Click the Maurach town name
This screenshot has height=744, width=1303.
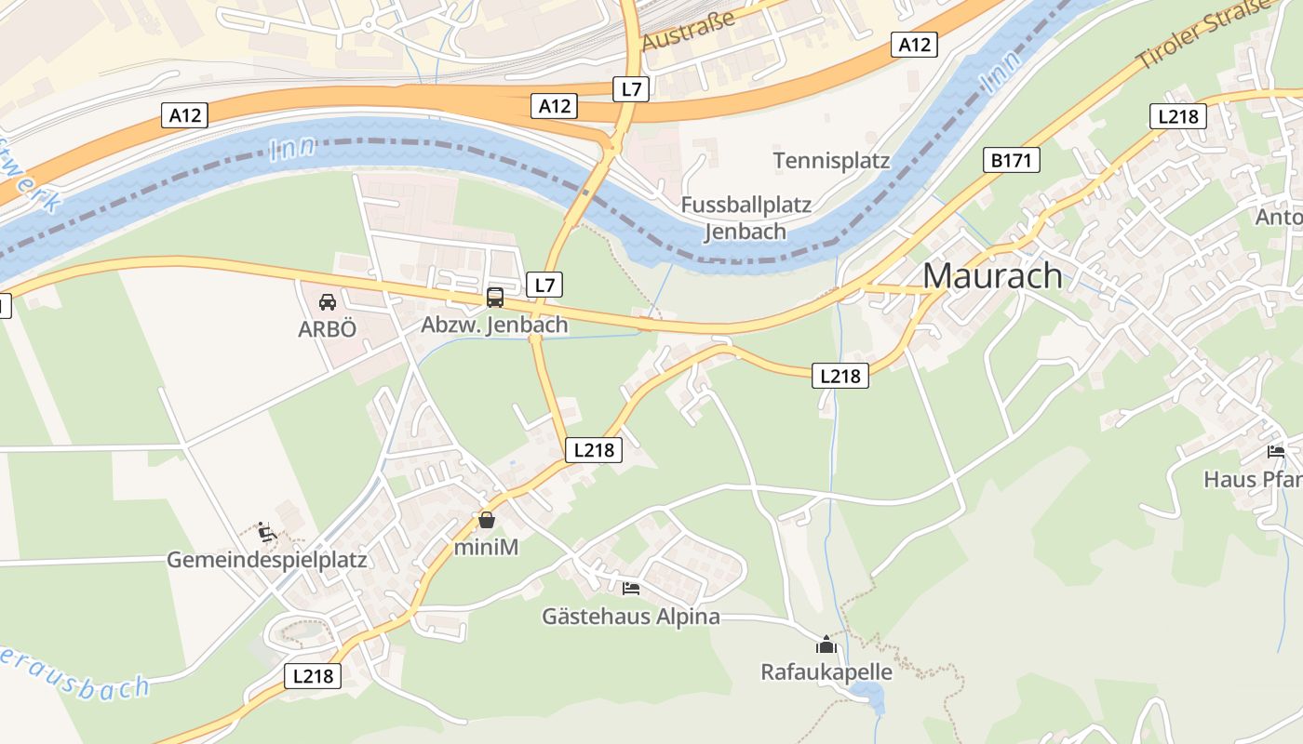click(x=992, y=275)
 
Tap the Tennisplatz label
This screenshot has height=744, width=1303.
click(x=831, y=161)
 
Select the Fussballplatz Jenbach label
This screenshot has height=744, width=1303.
click(x=746, y=218)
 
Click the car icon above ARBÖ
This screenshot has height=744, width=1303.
click(x=328, y=302)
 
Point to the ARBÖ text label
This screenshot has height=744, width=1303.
click(x=328, y=329)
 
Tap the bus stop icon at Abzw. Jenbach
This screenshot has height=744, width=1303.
click(x=495, y=298)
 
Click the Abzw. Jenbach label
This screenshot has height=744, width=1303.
click(x=494, y=325)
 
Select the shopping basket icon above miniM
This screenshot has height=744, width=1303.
click(x=486, y=520)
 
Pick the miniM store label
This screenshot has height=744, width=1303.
click(x=486, y=547)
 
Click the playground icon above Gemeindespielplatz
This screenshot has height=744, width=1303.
click(x=267, y=533)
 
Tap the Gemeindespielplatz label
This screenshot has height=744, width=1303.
click(x=267, y=560)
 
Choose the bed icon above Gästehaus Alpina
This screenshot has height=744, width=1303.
click(x=631, y=589)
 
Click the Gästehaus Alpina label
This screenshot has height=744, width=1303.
click(x=631, y=616)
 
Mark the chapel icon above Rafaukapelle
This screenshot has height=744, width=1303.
click(x=826, y=644)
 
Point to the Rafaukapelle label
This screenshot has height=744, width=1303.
click(x=826, y=671)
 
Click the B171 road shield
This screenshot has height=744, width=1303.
click(x=1012, y=161)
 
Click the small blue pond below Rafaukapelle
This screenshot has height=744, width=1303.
click(x=868, y=694)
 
